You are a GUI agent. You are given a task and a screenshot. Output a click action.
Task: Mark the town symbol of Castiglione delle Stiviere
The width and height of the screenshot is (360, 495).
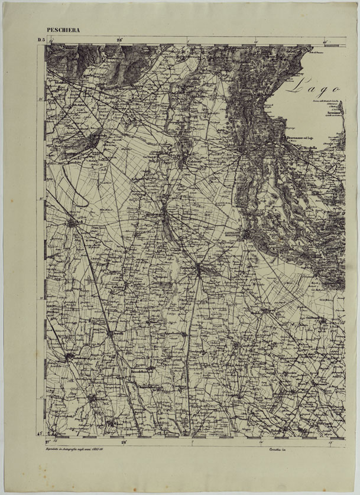tap(245, 235)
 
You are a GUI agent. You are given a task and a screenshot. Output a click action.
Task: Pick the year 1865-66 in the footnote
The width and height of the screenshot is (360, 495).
tap(107, 450)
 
